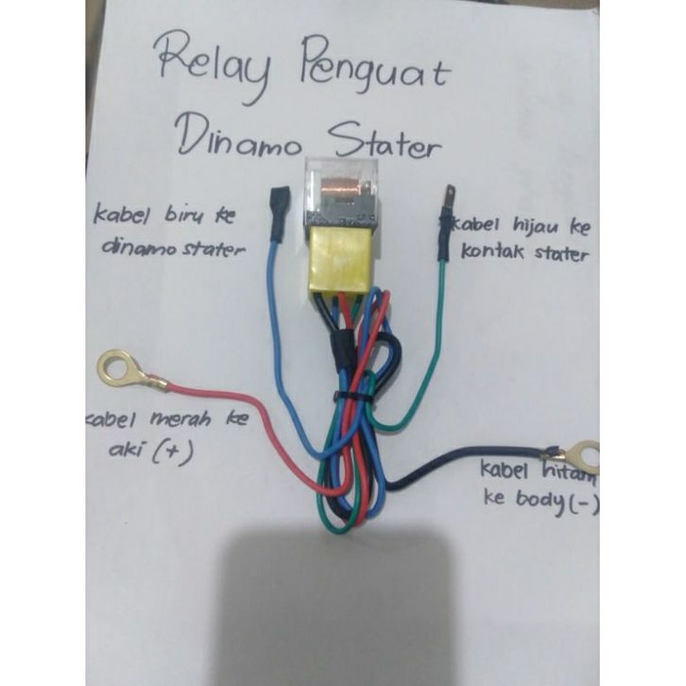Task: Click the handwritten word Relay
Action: tap(214, 65)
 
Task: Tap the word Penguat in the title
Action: tap(375, 65)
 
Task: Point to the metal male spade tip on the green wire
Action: tap(450, 196)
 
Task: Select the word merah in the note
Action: tap(180, 419)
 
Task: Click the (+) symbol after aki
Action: tap(173, 451)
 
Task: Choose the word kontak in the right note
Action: tap(492, 252)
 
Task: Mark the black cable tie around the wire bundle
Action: tap(352, 398)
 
